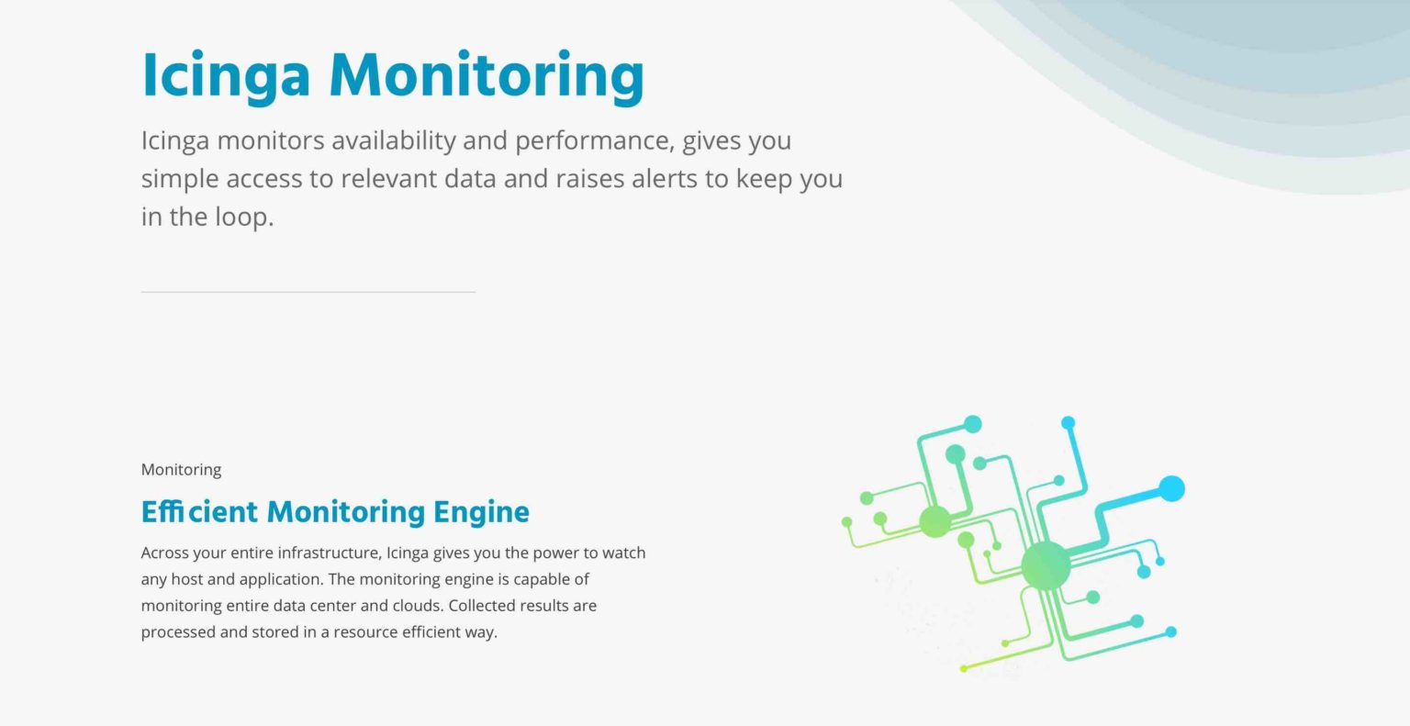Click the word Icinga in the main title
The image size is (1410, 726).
click(226, 77)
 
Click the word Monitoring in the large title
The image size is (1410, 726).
click(487, 77)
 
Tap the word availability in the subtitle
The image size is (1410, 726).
click(394, 140)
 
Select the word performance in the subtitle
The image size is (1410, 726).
click(595, 141)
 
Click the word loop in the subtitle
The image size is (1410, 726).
click(244, 218)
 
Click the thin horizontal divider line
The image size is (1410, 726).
click(308, 292)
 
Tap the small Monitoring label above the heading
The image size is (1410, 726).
click(181, 470)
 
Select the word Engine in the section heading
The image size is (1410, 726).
click(482, 512)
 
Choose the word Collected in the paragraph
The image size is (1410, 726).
click(477, 606)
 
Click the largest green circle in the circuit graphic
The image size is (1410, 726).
click(1046, 565)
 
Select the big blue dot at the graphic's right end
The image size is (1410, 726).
click(1171, 489)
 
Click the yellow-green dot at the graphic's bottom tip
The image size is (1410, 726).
click(964, 669)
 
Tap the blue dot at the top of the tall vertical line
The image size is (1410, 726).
click(1069, 423)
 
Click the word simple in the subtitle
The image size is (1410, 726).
click(179, 180)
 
